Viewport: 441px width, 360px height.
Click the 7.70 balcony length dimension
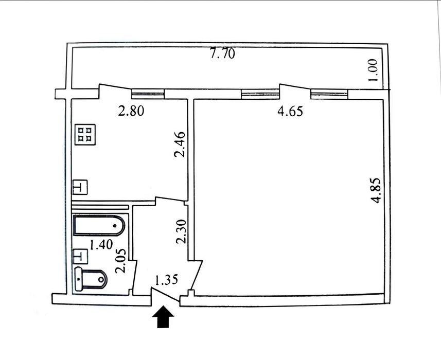point(222,53)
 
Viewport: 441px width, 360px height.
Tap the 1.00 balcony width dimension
point(373,70)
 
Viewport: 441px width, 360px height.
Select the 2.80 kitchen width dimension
point(131,111)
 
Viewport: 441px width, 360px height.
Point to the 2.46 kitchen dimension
point(180,144)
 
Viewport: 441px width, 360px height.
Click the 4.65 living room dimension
point(291,111)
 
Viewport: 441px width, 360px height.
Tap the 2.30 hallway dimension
point(181,231)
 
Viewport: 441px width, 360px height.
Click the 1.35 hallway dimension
point(167,280)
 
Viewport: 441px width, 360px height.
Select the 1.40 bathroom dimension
point(101,244)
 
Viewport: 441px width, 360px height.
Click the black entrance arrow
point(163,317)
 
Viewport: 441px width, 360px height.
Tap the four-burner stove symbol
point(85,134)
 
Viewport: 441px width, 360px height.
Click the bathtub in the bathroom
point(99,225)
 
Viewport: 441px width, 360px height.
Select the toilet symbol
point(91,279)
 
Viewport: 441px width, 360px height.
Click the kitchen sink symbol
point(80,187)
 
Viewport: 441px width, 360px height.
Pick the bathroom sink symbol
point(80,256)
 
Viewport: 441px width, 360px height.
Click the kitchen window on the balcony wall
point(148,94)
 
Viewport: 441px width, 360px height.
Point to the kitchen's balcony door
point(115,91)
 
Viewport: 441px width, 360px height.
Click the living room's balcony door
point(295,91)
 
